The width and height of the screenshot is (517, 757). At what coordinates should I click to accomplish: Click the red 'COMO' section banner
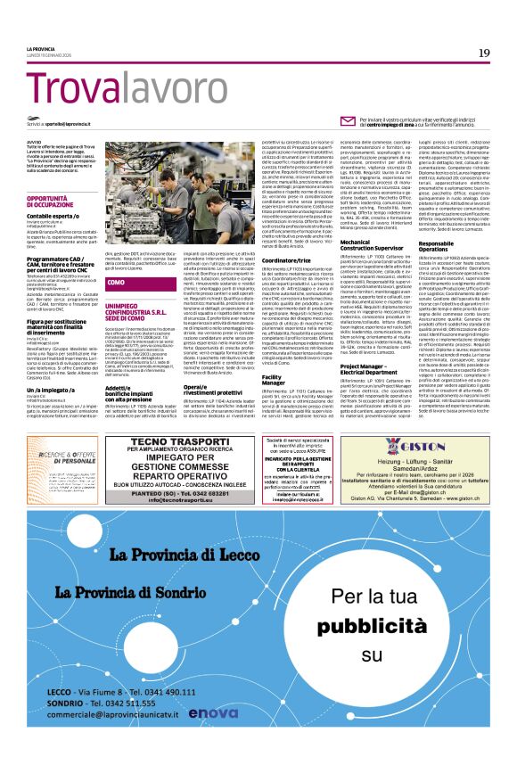point(115,283)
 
